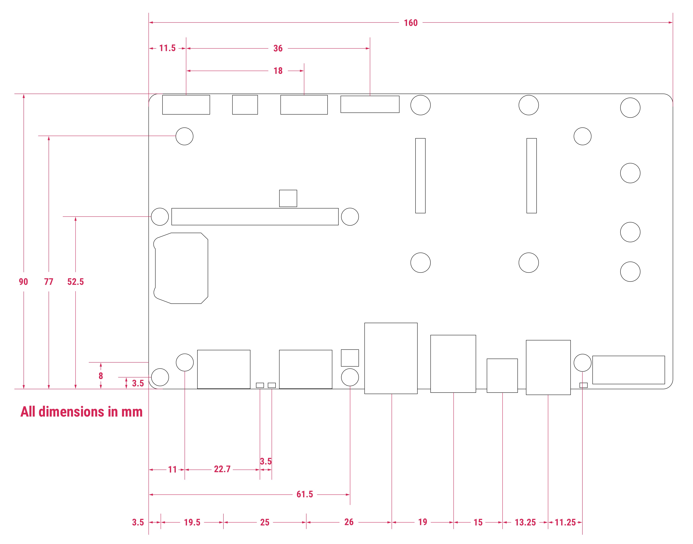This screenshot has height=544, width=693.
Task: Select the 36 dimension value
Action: click(x=278, y=48)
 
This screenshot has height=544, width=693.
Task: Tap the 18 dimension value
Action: click(x=278, y=71)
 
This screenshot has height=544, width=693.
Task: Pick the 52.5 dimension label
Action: click(x=75, y=282)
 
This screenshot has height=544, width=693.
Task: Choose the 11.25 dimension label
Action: click(x=565, y=522)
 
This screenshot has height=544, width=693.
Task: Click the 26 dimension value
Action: click(x=349, y=522)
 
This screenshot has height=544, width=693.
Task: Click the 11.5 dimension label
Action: click(x=167, y=48)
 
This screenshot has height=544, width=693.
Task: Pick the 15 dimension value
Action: click(x=478, y=522)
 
